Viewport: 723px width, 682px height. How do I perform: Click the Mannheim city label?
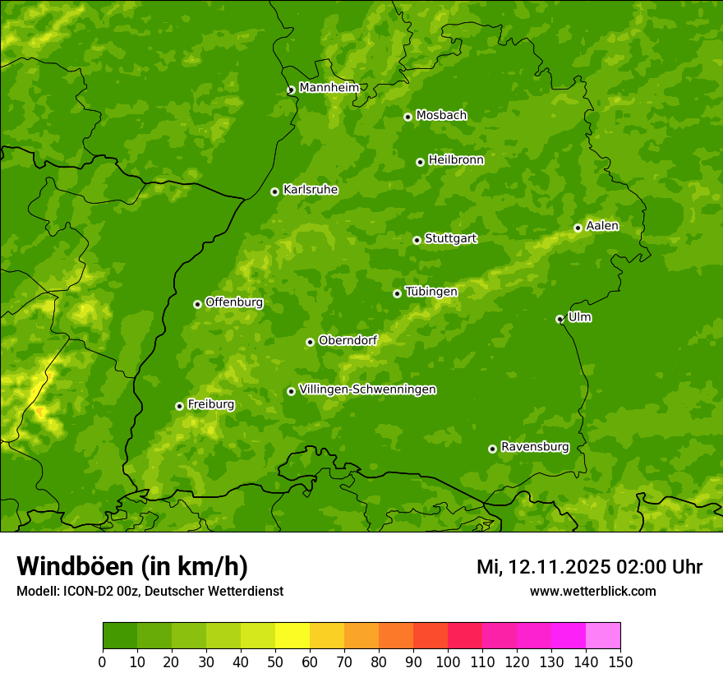coord(329,87)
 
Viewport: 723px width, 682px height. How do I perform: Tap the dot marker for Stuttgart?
coord(417,240)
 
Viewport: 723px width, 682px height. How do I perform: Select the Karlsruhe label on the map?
coord(310,190)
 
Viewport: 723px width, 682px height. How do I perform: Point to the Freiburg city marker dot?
coord(179,406)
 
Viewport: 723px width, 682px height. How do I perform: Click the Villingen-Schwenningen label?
coord(367,389)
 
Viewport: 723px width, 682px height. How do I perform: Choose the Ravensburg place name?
coord(534,447)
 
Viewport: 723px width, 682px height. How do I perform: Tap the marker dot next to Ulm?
coord(560,319)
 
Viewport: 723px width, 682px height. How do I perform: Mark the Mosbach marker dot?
coord(408,117)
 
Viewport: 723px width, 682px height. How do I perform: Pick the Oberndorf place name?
coord(348,340)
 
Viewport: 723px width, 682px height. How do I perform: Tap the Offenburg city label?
coord(233,302)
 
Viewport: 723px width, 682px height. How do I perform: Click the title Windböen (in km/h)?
coord(131,566)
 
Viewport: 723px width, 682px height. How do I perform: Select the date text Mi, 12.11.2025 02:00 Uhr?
coord(589,567)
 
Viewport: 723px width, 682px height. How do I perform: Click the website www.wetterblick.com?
coord(592,591)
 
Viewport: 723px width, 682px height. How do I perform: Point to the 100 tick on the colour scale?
coord(448,661)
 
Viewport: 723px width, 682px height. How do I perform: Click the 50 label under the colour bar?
coord(275,661)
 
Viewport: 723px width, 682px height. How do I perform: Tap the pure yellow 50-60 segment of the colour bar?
coord(292,636)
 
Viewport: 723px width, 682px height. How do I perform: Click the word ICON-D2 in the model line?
coord(85,591)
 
